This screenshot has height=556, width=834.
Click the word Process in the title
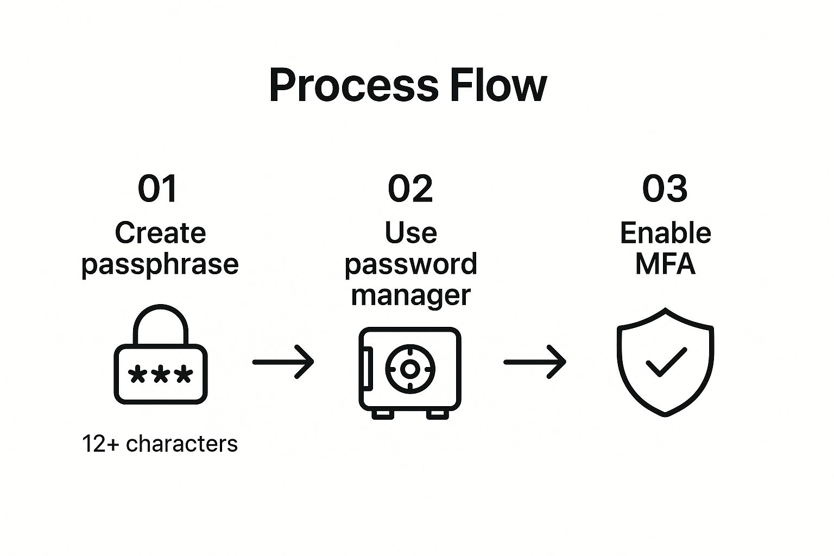(x=353, y=86)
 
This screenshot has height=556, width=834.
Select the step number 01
(x=157, y=189)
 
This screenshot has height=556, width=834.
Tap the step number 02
(x=410, y=189)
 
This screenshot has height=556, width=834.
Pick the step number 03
(x=665, y=189)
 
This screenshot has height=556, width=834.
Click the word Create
(x=160, y=233)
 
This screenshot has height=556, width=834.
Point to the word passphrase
(x=160, y=264)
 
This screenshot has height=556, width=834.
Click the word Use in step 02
(x=410, y=233)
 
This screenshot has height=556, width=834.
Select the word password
(x=410, y=264)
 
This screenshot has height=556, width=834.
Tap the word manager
(x=410, y=295)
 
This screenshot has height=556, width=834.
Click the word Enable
(x=665, y=233)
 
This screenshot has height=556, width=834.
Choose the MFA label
(x=665, y=264)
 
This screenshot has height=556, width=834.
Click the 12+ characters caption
(x=160, y=444)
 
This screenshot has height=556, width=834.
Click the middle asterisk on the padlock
(x=160, y=375)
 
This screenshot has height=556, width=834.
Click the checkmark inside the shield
(x=665, y=361)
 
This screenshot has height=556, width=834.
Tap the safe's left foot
(x=383, y=414)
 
